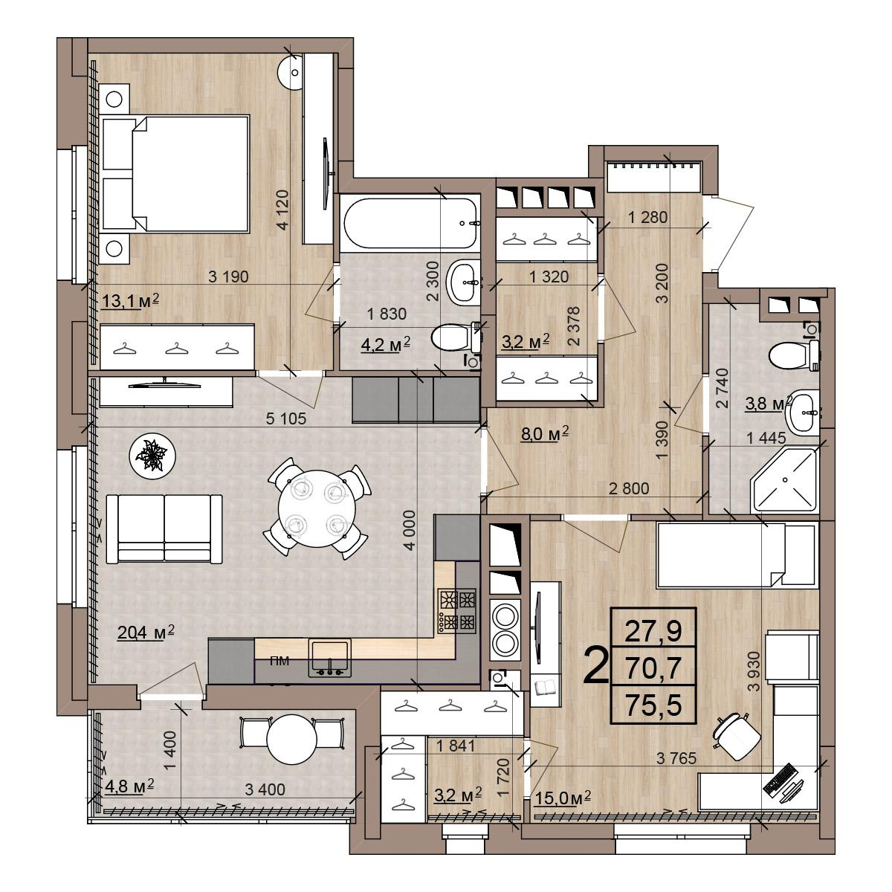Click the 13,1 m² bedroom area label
click(x=130, y=301)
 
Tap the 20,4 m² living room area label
click(x=146, y=632)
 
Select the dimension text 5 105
click(x=286, y=418)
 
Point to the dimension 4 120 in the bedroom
click(x=282, y=210)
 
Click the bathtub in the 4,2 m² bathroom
click(x=410, y=224)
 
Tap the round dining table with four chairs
click(x=317, y=508)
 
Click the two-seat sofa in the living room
click(x=164, y=529)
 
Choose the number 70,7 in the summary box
click(x=653, y=668)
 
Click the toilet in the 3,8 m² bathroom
click(x=794, y=355)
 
